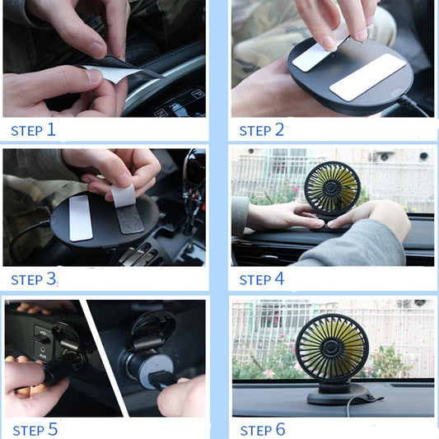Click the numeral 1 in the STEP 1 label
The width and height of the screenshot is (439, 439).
tap(51, 129)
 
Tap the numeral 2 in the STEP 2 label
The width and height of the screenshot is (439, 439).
tap(279, 129)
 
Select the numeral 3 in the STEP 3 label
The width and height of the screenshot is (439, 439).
tap(51, 278)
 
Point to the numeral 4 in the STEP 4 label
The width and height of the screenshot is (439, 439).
tap(279, 278)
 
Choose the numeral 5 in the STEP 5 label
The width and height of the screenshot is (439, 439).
tap(53, 429)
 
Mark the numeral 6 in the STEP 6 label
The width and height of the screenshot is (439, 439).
tap(281, 429)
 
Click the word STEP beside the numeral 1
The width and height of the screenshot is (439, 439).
tap(27, 131)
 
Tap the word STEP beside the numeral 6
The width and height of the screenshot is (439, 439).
tap(256, 431)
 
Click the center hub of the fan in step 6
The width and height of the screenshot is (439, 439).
tap(331, 348)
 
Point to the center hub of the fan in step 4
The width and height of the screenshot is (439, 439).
tap(332, 189)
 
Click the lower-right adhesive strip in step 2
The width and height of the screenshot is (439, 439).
tap(367, 77)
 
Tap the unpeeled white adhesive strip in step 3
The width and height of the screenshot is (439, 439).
tap(81, 218)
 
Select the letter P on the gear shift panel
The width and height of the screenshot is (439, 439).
tap(198, 93)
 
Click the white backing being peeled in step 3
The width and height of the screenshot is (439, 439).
tap(124, 195)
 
